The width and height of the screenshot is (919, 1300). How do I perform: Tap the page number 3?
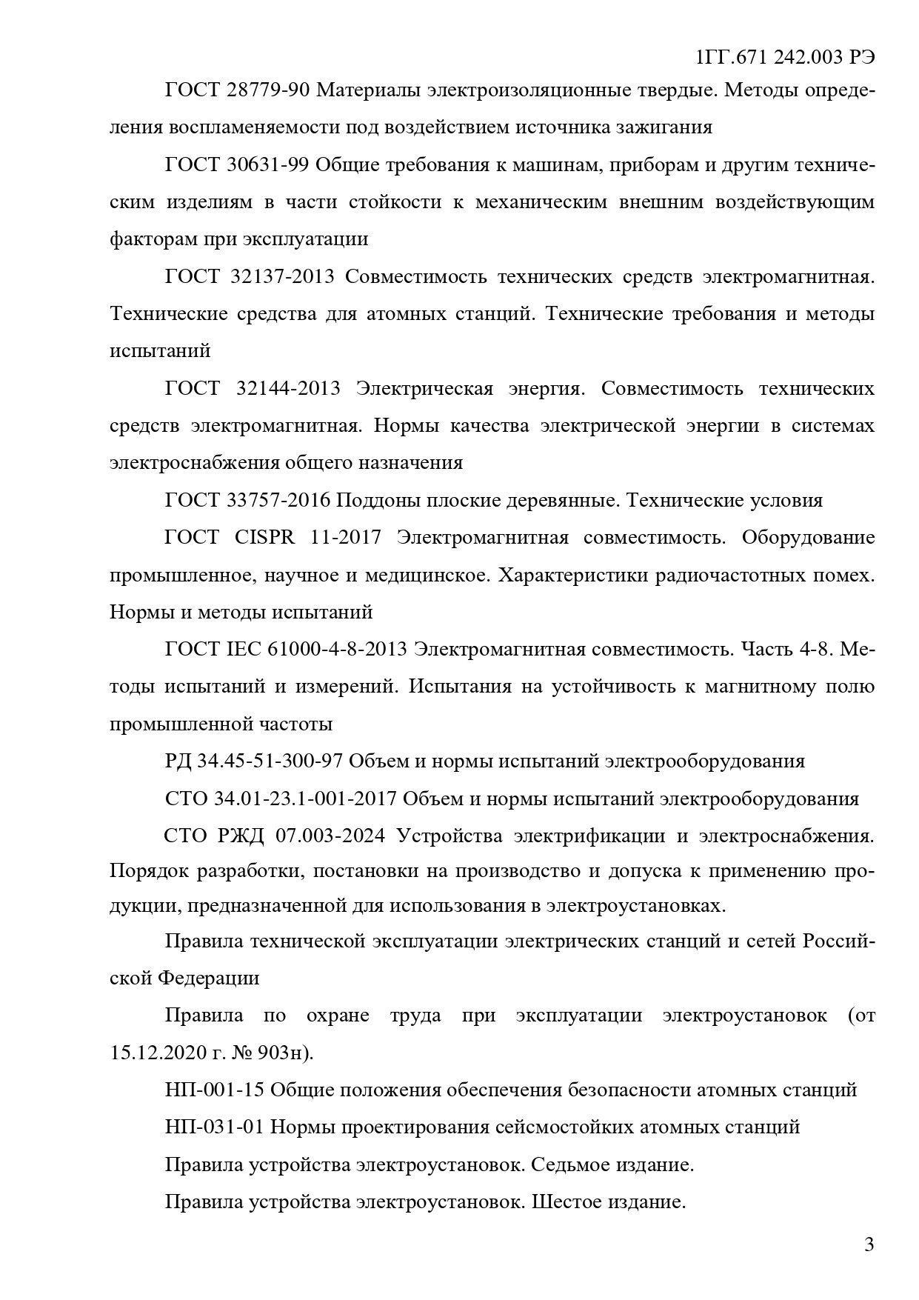pos(869,1244)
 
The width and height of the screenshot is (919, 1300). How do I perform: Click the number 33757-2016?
pos(278,501)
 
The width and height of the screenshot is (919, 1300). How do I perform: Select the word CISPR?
pos(264,538)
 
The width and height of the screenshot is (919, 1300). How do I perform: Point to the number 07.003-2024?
pos(330,836)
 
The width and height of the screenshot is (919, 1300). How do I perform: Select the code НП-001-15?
pos(215,1090)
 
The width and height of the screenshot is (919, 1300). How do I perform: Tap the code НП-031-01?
pos(215,1127)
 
